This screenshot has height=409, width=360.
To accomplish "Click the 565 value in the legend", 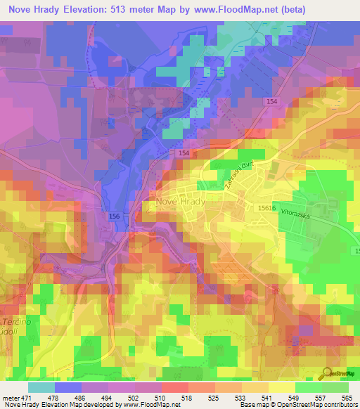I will click(346, 398).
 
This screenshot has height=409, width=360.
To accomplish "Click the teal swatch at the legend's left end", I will click(41, 387).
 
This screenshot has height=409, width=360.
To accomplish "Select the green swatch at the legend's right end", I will click(335, 387).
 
